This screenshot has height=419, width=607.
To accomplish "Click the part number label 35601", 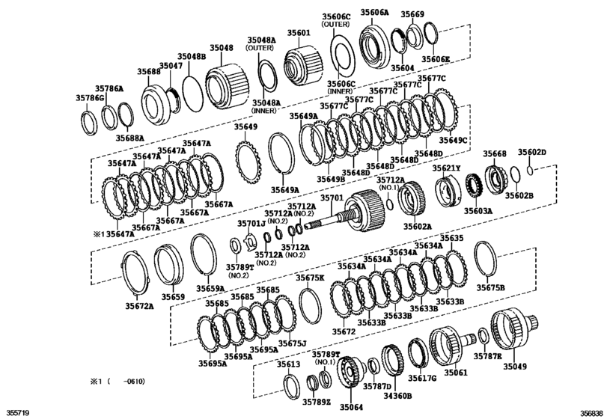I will coord(299,34).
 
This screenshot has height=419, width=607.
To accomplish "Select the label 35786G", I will coord(90,98).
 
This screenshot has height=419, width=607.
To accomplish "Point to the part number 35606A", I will coord(375,13).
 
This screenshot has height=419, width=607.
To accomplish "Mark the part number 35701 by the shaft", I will coord(332,198).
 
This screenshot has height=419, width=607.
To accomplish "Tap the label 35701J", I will coord(251,223).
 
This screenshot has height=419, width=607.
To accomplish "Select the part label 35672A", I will coord(139,305).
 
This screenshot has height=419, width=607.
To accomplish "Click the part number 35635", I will coord(451,238).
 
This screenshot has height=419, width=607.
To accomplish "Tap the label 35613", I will coord(288,364).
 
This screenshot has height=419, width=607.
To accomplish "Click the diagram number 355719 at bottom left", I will coord(18,412).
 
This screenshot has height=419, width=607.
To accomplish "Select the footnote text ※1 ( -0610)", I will coord(118,381).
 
